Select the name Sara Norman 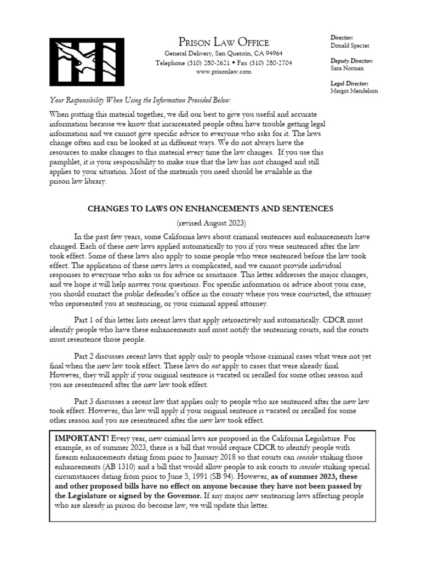click(x=346, y=68)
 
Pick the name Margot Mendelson click(x=354, y=91)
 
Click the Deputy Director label click(x=351, y=60)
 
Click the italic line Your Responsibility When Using click(x=140, y=100)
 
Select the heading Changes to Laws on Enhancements click(x=210, y=209)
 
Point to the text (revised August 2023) click(x=210, y=224)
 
